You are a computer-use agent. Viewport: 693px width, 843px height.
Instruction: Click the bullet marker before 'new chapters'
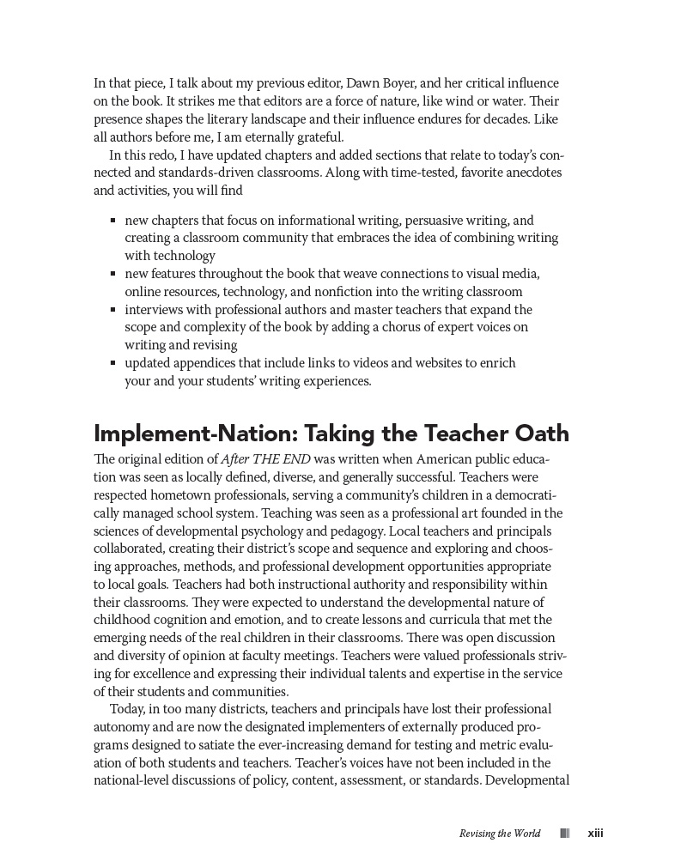tap(113, 220)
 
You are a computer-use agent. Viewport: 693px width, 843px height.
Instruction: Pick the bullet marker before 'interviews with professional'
tap(113, 309)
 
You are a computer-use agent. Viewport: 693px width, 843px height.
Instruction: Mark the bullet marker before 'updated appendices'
tap(113, 363)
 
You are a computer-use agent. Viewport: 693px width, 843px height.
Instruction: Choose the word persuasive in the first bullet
tap(435, 220)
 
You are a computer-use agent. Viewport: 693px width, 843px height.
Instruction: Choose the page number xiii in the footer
tap(595, 833)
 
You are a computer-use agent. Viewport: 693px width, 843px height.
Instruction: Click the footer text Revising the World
tap(500, 834)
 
